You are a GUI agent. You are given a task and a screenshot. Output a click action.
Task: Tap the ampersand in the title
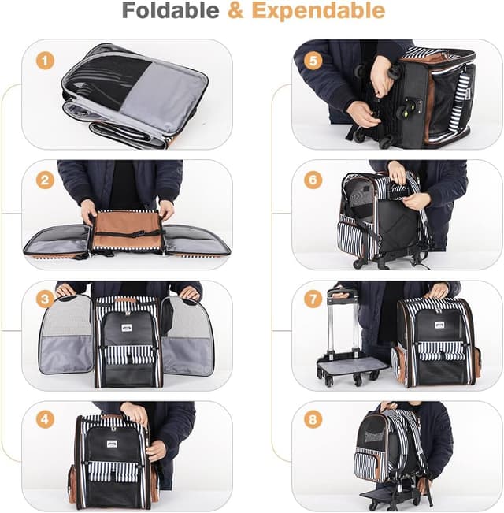235,11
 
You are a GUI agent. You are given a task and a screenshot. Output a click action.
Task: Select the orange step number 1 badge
46,60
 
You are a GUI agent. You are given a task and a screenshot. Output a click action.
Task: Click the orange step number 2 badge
46,180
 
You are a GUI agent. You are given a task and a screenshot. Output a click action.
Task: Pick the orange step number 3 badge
46,300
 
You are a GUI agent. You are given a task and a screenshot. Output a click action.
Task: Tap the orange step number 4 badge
46,419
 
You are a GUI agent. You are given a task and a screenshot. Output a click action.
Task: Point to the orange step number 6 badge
313,180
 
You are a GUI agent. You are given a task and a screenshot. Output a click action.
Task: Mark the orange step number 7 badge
313,300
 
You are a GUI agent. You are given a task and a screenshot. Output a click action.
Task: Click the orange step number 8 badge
313,419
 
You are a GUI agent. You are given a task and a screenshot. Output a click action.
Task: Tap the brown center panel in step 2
126,231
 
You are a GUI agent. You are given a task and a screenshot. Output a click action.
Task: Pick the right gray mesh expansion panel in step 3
187,335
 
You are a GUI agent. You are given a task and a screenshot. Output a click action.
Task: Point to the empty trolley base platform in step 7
352,366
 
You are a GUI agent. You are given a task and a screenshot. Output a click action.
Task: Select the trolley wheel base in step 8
391,496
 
